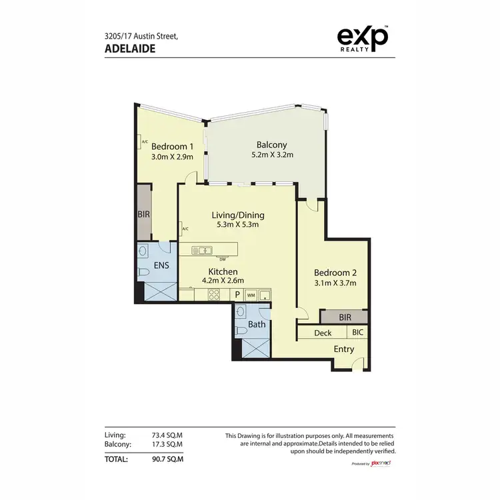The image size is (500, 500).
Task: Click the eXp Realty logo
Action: tap(363, 39)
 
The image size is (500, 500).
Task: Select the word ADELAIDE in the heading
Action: tap(130, 48)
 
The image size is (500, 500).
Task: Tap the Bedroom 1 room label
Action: tap(172, 147)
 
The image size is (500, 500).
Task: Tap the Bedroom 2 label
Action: tap(335, 272)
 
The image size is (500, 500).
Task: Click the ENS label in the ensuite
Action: tap(161, 265)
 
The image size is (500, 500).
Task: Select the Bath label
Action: tap(257, 325)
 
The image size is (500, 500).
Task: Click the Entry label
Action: tap(343, 349)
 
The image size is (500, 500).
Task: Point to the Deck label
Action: tap(323, 333)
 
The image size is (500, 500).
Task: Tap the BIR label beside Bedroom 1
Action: tap(143, 215)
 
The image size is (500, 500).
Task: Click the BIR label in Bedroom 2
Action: tap(344, 317)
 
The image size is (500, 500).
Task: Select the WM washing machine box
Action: tap(251, 295)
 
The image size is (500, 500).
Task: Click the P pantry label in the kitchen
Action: tap(237, 295)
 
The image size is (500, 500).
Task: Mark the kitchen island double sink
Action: tap(202, 251)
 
